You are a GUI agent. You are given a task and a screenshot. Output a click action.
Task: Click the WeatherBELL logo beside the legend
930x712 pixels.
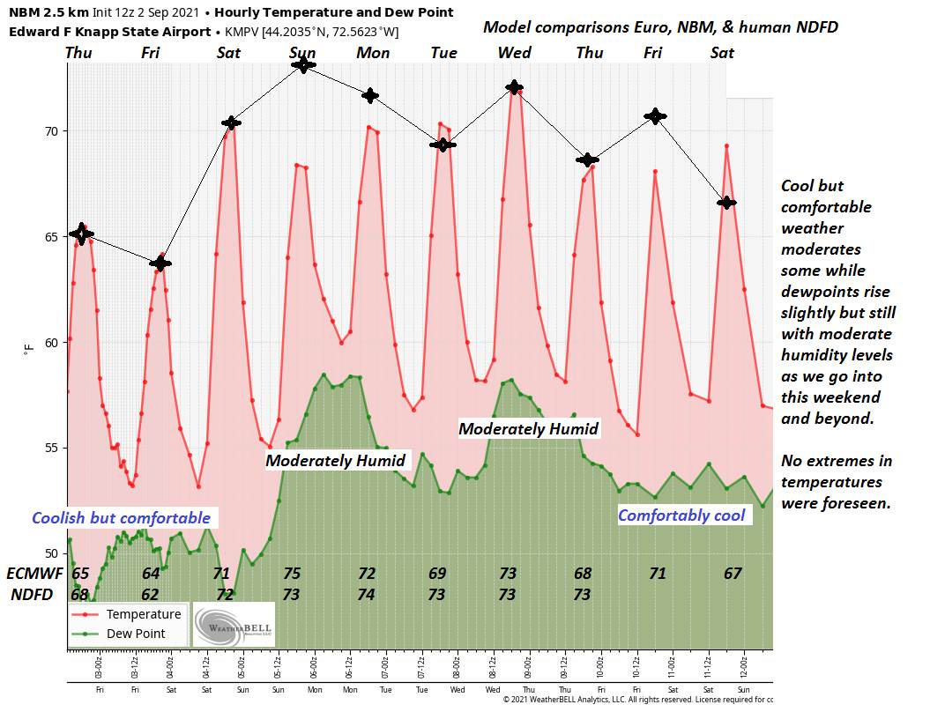point(234,625)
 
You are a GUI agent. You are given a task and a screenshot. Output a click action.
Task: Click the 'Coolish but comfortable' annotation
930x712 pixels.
point(122,517)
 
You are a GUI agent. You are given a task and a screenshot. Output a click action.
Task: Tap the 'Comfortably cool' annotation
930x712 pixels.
point(681,515)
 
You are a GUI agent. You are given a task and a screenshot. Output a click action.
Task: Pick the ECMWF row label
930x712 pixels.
point(35,573)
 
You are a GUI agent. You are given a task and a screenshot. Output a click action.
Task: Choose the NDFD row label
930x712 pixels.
point(31,595)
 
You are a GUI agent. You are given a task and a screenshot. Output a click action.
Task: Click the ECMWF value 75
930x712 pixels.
point(292,573)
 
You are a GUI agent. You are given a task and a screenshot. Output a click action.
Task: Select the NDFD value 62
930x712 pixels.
point(151,595)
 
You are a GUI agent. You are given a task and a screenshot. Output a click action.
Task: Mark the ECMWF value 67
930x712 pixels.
point(733,573)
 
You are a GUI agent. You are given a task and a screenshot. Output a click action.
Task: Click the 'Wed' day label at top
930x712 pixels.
point(514,53)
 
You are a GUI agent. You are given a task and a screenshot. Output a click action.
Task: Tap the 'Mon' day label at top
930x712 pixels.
point(373,53)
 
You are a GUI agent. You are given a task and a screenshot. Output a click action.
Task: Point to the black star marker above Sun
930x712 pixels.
point(303,64)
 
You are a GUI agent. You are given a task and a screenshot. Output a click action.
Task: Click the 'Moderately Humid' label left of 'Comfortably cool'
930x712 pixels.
point(529,429)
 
